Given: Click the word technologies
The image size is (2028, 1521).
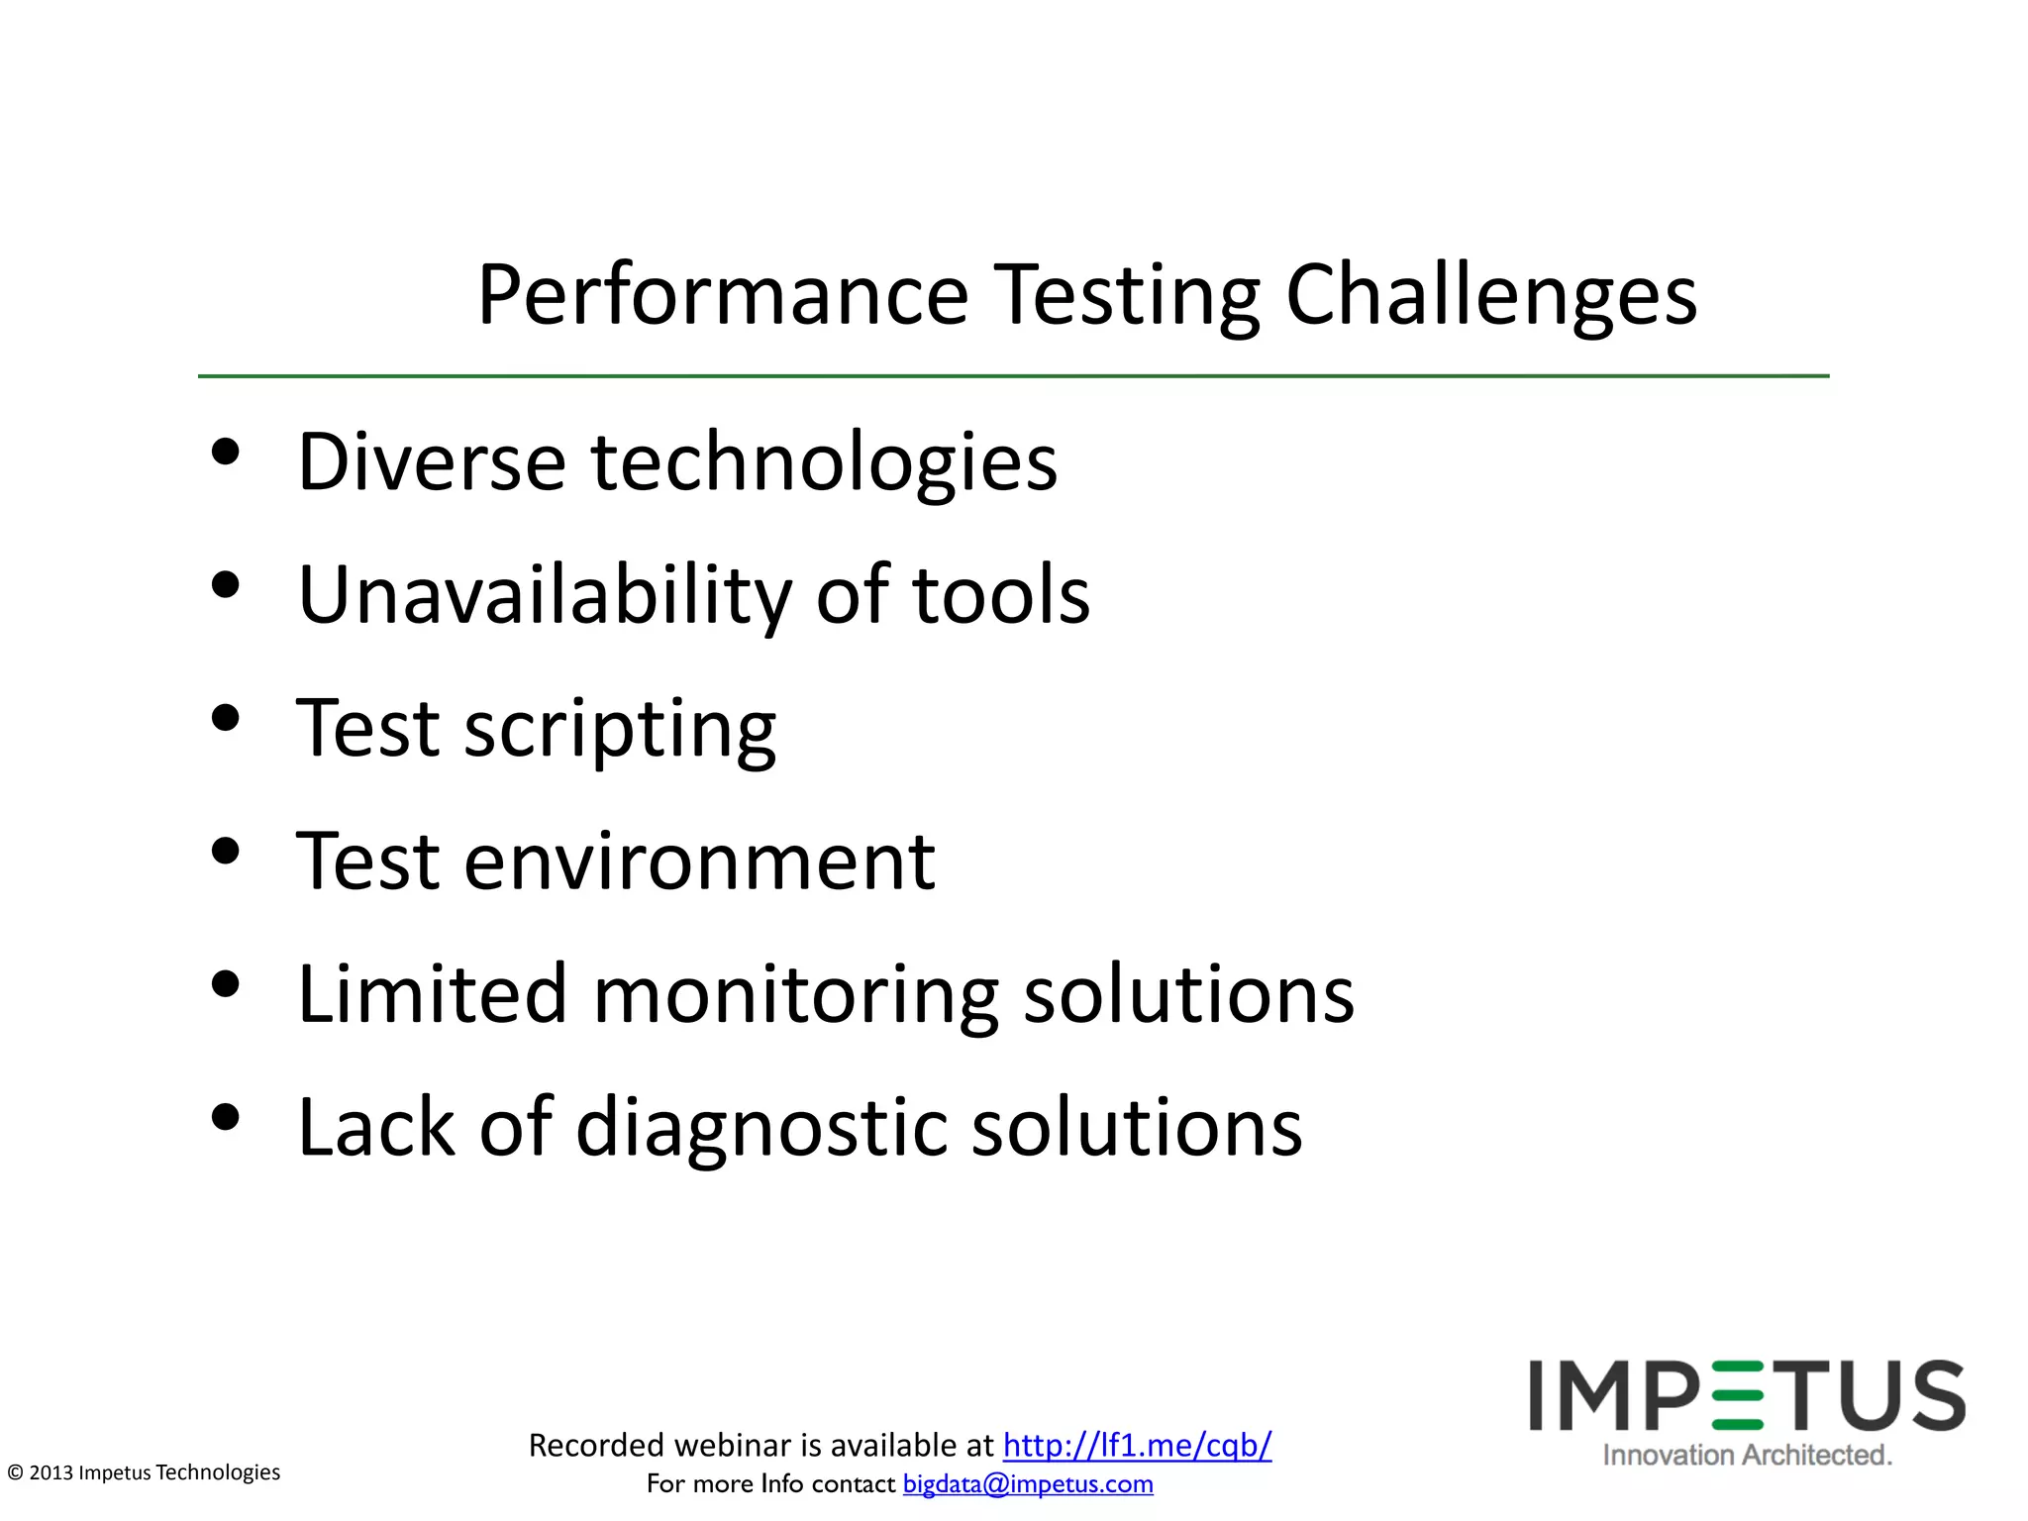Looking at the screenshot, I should tap(824, 463).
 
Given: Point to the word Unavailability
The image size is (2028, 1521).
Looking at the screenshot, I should tap(544, 595).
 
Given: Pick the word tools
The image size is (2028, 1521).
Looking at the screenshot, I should tap(1000, 595).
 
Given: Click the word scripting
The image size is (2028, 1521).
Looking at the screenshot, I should tap(620, 730).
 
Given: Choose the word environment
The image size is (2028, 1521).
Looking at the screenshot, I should tap(699, 862).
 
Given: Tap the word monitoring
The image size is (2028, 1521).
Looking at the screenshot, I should tap(795, 995).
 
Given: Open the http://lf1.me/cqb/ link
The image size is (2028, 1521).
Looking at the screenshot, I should tap(1137, 1445).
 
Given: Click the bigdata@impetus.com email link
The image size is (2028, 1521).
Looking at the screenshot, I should tap(1028, 1483).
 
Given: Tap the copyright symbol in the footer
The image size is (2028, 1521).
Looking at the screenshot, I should tap(15, 1472).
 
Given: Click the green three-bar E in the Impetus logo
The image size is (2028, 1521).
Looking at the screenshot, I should tap(1737, 1396).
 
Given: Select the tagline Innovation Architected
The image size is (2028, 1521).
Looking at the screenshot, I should tap(1747, 1455).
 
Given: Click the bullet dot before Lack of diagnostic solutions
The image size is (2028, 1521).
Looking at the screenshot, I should tap(226, 1117).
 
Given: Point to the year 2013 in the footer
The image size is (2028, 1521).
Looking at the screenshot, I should tap(51, 1472).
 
